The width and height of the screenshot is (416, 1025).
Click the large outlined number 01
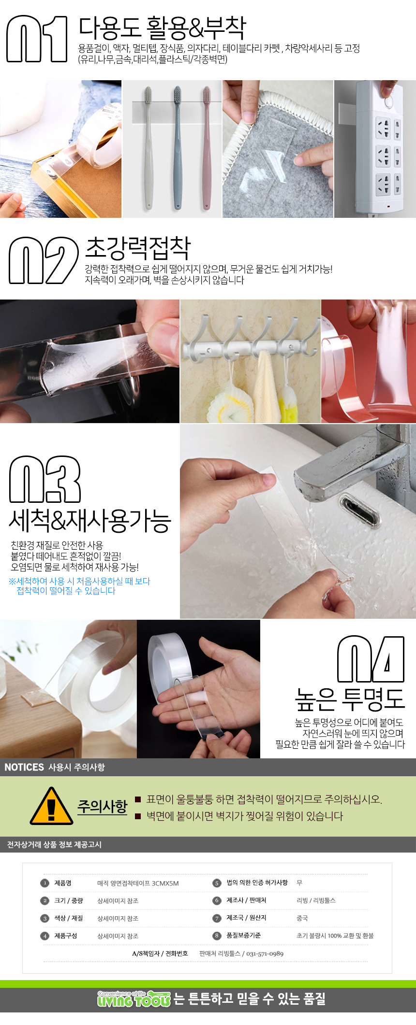pyautogui.click(x=37, y=39)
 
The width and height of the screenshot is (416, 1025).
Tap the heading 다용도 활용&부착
pyautogui.click(x=163, y=28)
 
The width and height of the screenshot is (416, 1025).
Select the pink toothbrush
pyautogui.click(x=207, y=147)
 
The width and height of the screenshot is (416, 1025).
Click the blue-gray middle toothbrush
pyautogui.click(x=178, y=147)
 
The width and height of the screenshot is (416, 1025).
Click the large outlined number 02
pyautogui.click(x=44, y=260)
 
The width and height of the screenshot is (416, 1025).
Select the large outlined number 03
pyautogui.click(x=45, y=479)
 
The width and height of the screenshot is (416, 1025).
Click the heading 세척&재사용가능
pyautogui.click(x=90, y=520)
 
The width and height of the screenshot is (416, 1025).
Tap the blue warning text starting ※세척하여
pyautogui.click(x=79, y=586)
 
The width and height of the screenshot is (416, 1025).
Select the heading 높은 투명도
pyautogui.click(x=349, y=699)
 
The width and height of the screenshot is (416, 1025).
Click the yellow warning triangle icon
pyautogui.click(x=51, y=806)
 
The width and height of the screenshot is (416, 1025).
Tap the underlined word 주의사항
pyautogui.click(x=102, y=806)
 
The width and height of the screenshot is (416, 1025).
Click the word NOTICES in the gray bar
pyautogui.click(x=24, y=767)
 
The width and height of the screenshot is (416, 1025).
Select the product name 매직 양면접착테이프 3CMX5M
pyautogui.click(x=138, y=883)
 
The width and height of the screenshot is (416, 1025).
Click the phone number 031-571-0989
pyautogui.click(x=265, y=954)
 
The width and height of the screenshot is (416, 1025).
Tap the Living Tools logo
pyautogui.click(x=134, y=999)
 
